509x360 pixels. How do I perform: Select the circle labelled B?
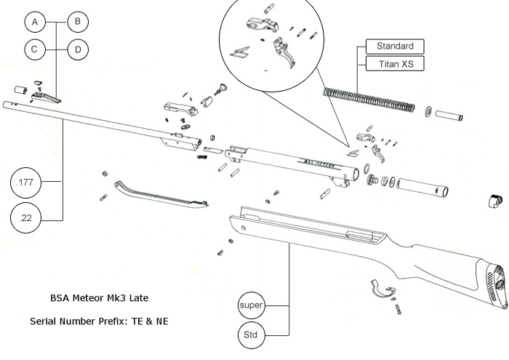[77, 23]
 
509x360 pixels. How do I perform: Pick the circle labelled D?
[77, 50]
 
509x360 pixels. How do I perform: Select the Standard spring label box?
[394, 47]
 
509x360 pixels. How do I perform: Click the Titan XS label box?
[394, 64]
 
